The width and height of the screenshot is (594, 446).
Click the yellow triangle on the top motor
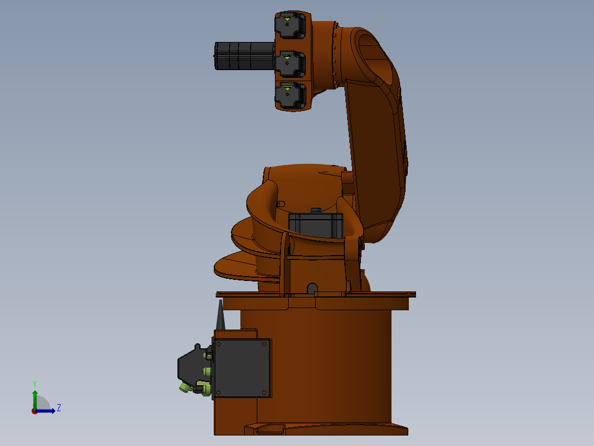click(288, 18)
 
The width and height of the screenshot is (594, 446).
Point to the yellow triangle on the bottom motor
click(288, 87)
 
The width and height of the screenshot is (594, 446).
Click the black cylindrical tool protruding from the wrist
click(244, 56)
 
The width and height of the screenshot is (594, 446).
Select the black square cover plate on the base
click(242, 368)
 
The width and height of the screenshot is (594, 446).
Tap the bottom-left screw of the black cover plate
click(219, 392)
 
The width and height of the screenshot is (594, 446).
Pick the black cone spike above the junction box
click(220, 316)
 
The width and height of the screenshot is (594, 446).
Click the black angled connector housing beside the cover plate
click(190, 364)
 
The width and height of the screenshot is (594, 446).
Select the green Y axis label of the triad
click(34, 383)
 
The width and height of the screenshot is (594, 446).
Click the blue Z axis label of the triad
click(58, 408)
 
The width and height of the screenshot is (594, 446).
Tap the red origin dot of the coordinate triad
click(34, 411)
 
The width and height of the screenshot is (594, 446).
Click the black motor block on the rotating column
click(315, 225)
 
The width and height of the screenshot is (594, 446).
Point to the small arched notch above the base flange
click(312, 288)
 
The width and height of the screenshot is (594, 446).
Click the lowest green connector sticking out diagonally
click(183, 389)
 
